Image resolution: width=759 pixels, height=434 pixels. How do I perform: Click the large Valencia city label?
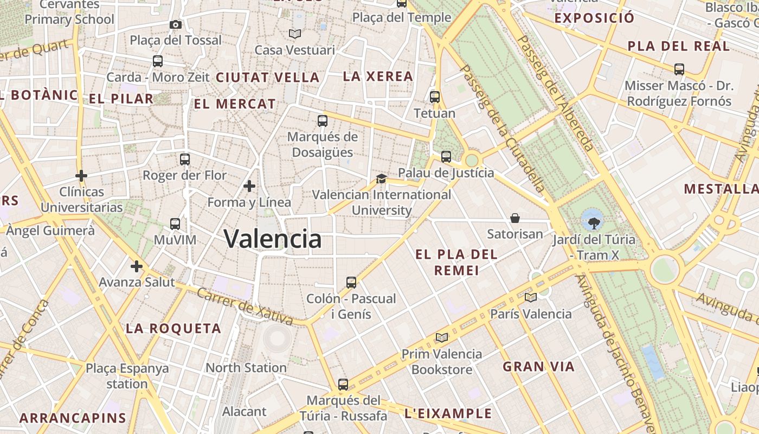pyautogui.click(x=273, y=239)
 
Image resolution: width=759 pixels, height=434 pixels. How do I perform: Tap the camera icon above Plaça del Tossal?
pyautogui.click(x=176, y=24)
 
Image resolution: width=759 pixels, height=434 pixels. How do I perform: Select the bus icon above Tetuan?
pyautogui.click(x=435, y=97)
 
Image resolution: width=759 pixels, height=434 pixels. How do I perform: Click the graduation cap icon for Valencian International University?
pyautogui.click(x=382, y=178)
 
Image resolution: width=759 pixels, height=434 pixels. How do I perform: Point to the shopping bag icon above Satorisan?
pyautogui.click(x=515, y=218)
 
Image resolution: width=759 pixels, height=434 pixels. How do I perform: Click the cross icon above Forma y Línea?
pyautogui.click(x=249, y=186)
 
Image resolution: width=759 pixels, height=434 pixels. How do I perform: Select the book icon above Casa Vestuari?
pyautogui.click(x=295, y=34)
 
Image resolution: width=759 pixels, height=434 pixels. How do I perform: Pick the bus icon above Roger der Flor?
pyautogui.click(x=185, y=159)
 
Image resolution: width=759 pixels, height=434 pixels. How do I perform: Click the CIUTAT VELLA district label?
pyautogui.click(x=268, y=78)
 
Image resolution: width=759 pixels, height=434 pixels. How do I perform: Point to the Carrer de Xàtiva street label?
pyautogui.click(x=245, y=307)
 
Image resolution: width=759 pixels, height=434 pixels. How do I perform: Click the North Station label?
pyautogui.click(x=246, y=367)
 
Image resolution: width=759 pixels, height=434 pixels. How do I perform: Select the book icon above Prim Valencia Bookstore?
pyautogui.click(x=442, y=337)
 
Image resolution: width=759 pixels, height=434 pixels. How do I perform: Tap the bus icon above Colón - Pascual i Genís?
pyautogui.click(x=351, y=282)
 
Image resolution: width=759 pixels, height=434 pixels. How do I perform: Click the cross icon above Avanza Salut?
pyautogui.click(x=137, y=266)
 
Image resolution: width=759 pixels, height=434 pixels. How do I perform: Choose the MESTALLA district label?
pyautogui.click(x=721, y=189)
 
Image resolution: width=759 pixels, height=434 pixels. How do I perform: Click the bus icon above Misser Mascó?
pyautogui.click(x=679, y=69)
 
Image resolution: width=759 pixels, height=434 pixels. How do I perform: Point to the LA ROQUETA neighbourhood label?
pyautogui.click(x=173, y=328)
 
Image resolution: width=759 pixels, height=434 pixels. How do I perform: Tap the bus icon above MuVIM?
pyautogui.click(x=175, y=224)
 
